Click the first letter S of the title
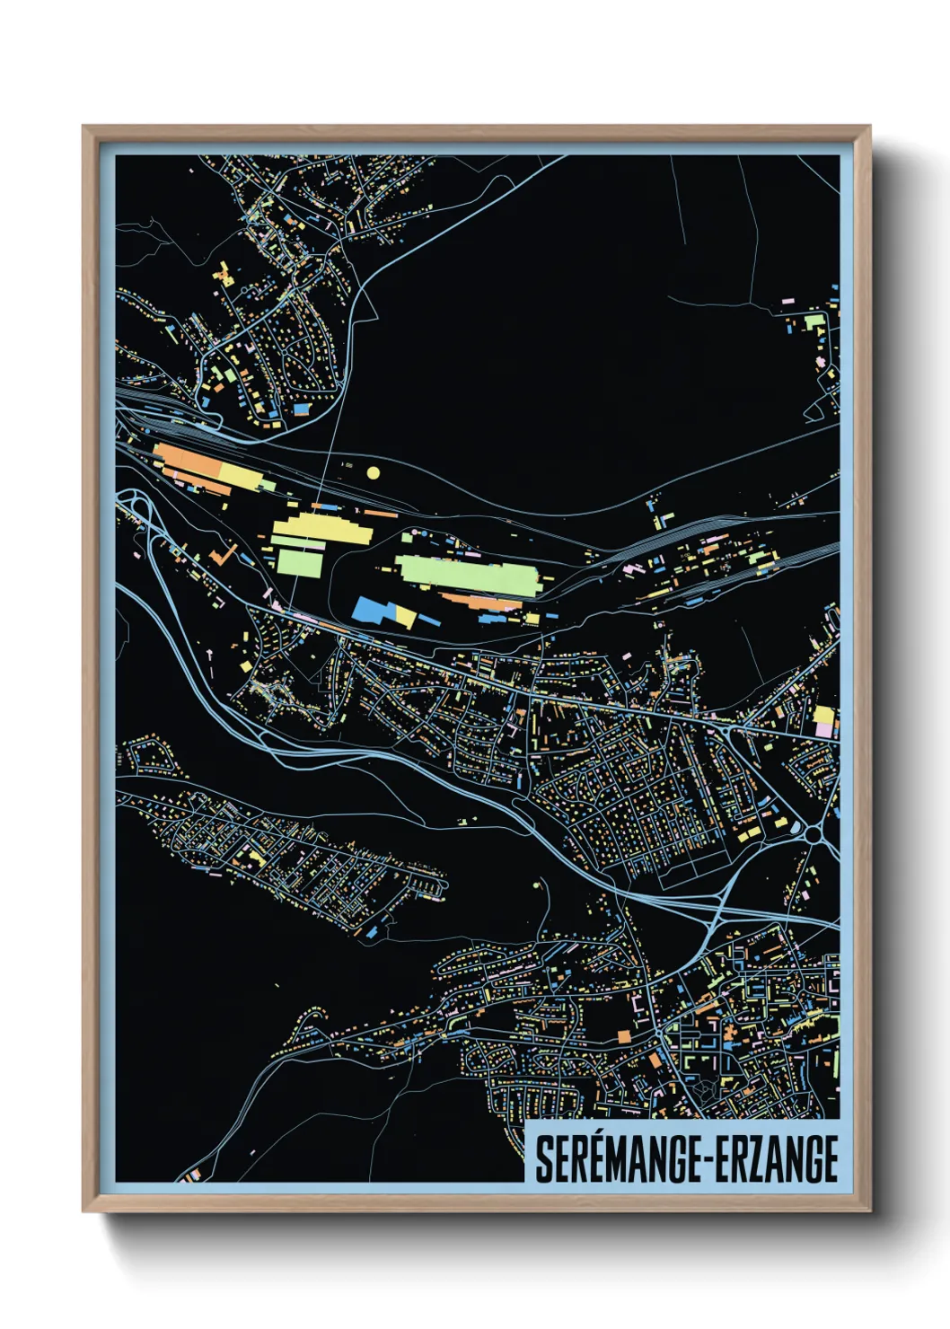(542, 1159)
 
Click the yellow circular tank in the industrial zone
(374, 472)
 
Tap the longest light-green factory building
(467, 575)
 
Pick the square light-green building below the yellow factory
(299, 562)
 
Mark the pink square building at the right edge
(824, 731)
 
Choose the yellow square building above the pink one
(823, 716)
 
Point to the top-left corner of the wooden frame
(84, 127)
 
